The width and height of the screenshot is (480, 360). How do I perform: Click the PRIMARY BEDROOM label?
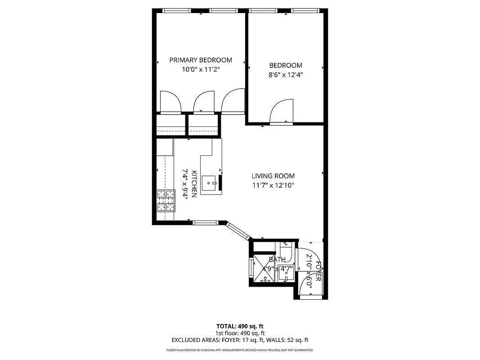pyautogui.click(x=200, y=60)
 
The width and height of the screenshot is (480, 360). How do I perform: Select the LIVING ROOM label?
pyautogui.click(x=273, y=176)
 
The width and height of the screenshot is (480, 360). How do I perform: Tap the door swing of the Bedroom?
pyautogui.click(x=281, y=112)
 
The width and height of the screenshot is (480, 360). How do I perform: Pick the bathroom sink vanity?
pyautogui.click(x=285, y=273)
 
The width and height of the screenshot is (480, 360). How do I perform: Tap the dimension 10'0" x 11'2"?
pyautogui.click(x=200, y=69)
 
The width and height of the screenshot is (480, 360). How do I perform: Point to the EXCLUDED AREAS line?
pyautogui.click(x=240, y=340)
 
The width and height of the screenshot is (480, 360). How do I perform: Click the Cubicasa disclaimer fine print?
pyautogui.click(x=240, y=350)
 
